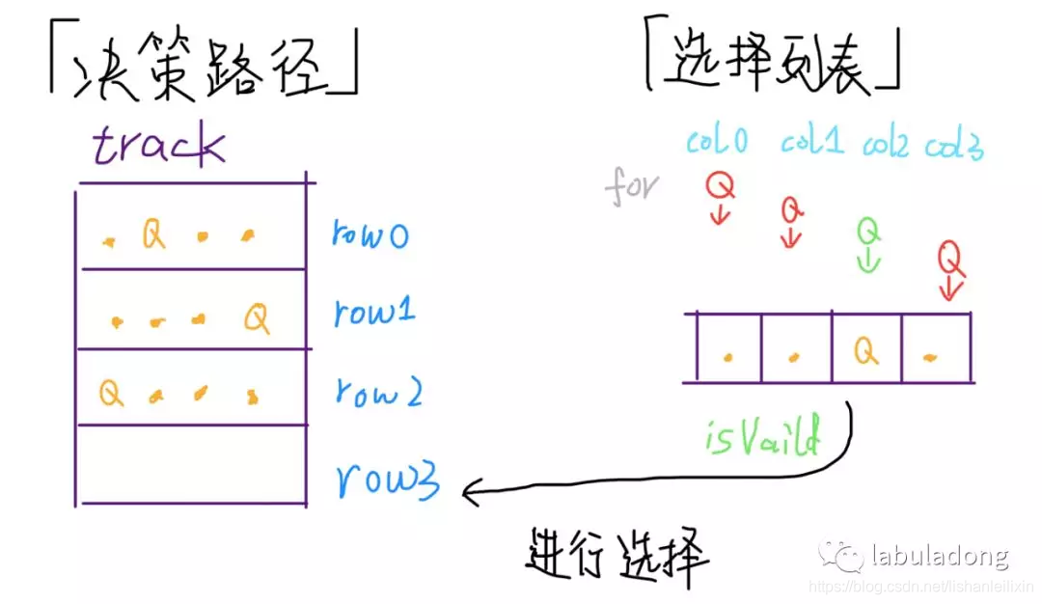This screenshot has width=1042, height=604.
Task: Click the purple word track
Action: point(158,146)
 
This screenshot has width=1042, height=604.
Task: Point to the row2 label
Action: point(375,393)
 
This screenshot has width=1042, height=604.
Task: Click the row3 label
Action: point(388,479)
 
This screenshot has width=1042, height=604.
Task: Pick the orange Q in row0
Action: point(153,234)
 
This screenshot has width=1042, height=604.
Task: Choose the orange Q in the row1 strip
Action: point(256,317)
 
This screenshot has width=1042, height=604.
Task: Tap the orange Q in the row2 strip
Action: point(111,393)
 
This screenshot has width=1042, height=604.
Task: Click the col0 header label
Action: point(717,142)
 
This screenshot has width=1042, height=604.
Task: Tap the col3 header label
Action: point(954,147)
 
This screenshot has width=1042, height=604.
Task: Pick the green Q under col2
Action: point(869,231)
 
